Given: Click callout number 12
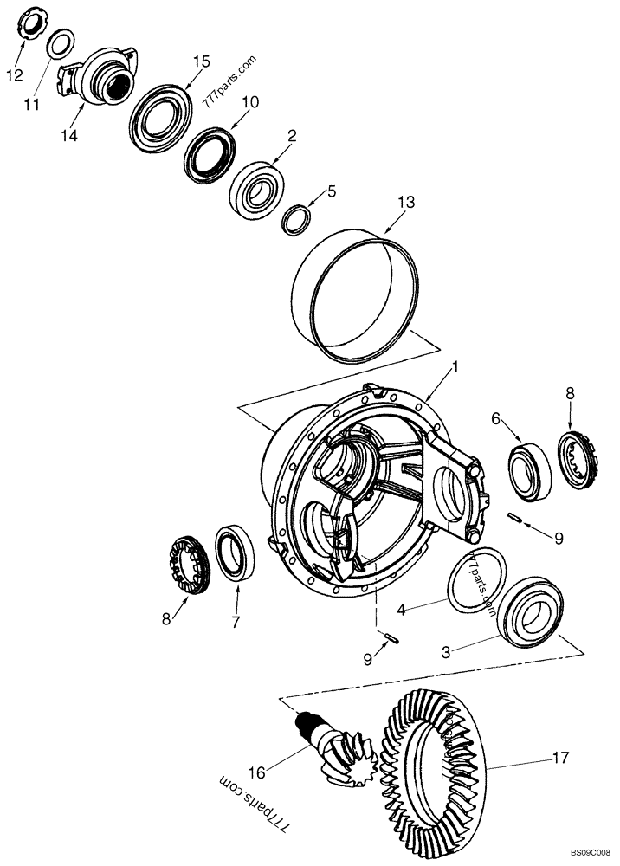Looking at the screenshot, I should [x=15, y=74].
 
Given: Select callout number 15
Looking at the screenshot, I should [x=201, y=61].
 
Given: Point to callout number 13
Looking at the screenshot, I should [x=406, y=202].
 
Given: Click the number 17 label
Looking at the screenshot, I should [x=560, y=758].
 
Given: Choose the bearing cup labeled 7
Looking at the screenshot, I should [x=234, y=552].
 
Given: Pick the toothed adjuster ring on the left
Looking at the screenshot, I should [x=189, y=565].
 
